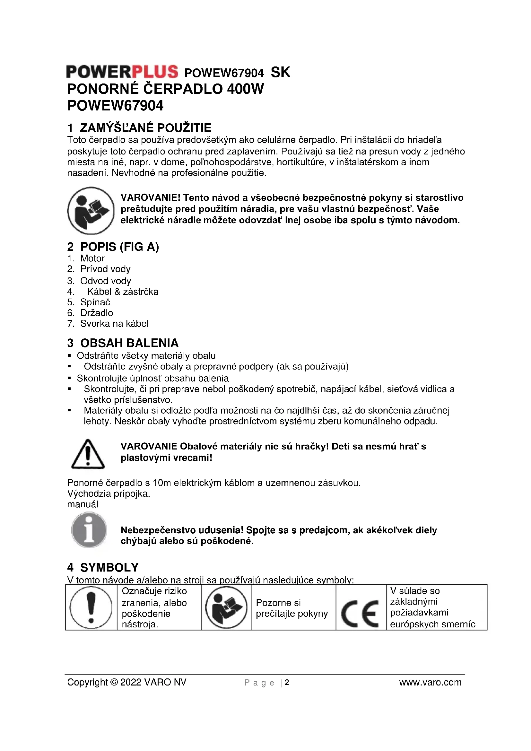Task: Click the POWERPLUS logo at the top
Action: [122, 72]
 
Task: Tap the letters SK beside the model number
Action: [281, 72]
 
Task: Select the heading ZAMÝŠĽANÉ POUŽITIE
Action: [145, 127]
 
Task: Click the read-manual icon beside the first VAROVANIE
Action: [91, 210]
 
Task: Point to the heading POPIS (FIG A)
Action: [119, 247]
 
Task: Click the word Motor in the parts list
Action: [92, 258]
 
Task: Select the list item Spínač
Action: [95, 302]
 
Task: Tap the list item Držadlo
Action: [97, 313]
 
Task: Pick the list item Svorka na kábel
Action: [114, 324]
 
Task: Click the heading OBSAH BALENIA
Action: [129, 343]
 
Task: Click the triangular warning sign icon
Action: [88, 454]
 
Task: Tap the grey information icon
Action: [89, 530]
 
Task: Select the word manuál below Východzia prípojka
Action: [83, 504]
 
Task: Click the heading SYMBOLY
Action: [109, 567]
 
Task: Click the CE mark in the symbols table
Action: [360, 614]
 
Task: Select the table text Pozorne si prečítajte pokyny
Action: [292, 608]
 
